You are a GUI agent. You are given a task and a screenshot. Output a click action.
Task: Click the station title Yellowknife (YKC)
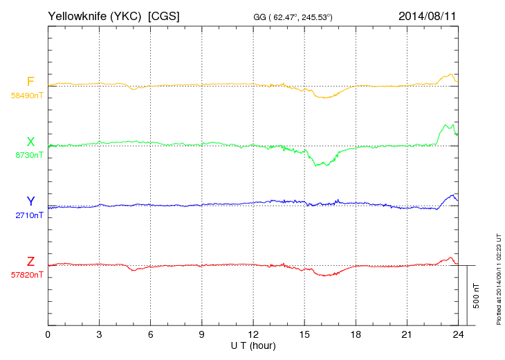click(x=96, y=15)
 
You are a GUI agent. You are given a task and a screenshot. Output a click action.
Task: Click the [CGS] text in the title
click(x=164, y=15)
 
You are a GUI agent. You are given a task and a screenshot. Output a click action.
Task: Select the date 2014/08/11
click(x=427, y=15)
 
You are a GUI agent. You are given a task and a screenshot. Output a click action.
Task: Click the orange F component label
click(x=30, y=82)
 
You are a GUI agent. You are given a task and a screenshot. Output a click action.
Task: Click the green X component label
click(x=30, y=142)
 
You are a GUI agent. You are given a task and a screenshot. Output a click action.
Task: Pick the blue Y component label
click(x=30, y=201)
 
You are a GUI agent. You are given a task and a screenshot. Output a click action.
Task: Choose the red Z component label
click(x=30, y=262)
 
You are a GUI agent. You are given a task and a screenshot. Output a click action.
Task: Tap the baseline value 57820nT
click(x=26, y=275)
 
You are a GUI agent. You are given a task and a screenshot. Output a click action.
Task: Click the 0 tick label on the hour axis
click(x=48, y=334)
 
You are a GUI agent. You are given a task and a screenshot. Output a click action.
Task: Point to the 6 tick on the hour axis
click(x=150, y=334)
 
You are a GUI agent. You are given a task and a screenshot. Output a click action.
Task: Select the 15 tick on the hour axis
click(x=304, y=334)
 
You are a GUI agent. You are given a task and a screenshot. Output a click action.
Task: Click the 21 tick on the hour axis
click(x=406, y=334)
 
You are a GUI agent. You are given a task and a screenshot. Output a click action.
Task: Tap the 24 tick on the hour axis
click(x=457, y=334)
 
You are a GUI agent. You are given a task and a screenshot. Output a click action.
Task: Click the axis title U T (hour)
click(x=252, y=345)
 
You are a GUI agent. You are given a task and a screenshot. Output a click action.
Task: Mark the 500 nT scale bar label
click(x=477, y=296)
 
